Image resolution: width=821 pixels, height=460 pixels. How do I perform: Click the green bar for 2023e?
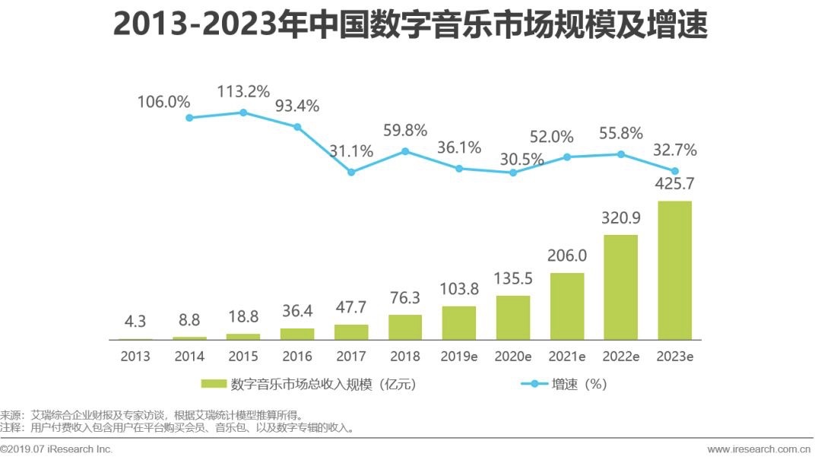(674, 270)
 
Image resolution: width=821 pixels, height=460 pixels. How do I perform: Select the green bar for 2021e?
(566, 306)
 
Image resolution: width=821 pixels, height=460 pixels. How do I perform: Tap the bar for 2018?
(404, 326)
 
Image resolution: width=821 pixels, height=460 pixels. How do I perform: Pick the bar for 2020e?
(512, 317)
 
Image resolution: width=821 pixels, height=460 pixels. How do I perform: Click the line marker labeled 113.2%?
(243, 113)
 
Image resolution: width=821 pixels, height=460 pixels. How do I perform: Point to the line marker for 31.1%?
(351, 172)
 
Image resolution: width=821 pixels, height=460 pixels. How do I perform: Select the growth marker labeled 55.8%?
(620, 154)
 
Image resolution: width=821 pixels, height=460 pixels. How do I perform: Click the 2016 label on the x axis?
(296, 356)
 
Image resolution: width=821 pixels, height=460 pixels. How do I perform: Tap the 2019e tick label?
(458, 356)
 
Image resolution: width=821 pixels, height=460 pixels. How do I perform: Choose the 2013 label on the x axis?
(135, 356)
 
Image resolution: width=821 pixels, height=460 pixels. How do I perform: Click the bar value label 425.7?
(674, 184)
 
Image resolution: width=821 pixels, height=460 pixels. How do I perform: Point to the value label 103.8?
(458, 289)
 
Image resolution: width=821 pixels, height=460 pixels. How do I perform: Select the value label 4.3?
(135, 322)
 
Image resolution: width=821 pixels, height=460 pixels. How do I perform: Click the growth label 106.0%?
(163, 102)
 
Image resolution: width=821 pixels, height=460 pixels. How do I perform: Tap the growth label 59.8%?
(406, 129)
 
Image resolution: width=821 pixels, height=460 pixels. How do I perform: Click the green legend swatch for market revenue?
(212, 384)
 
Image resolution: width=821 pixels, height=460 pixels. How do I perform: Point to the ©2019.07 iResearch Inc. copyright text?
(56, 449)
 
